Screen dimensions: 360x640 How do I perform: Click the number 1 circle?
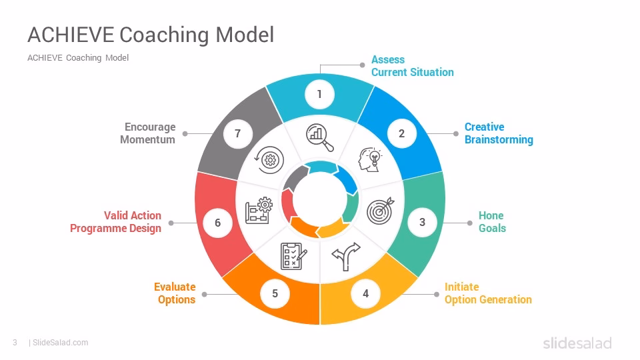coord(319,94)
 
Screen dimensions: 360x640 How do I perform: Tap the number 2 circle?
coord(401,133)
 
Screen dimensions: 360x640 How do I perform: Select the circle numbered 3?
coord(422,222)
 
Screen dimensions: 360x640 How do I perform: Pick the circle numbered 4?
coord(365,293)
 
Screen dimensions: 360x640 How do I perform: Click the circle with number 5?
coord(275,293)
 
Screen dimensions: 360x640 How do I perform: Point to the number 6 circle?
coord(217,223)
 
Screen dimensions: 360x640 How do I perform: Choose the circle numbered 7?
coord(237,133)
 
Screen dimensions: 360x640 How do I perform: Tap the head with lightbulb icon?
coord(369,159)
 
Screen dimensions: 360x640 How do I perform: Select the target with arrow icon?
coord(381,210)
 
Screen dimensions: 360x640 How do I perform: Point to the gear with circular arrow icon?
coord(269,159)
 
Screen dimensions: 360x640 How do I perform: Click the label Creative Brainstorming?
coord(499,133)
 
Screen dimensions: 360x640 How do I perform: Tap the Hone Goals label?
coord(492,222)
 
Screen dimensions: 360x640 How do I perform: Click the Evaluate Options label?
coord(175,293)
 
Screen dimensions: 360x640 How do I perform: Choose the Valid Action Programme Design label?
coord(116,222)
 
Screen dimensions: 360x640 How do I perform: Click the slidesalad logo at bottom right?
coord(577,343)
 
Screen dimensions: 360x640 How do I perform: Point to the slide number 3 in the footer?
coord(15,343)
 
